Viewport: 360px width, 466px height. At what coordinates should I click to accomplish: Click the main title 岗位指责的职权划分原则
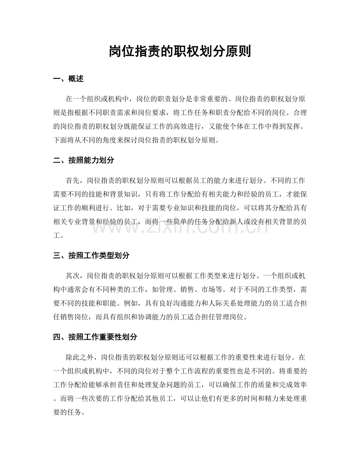click(x=180, y=51)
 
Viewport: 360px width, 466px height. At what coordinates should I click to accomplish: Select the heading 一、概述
click(x=68, y=79)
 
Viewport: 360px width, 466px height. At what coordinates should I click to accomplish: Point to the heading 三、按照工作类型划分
click(x=91, y=255)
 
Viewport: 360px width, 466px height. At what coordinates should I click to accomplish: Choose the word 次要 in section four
click(x=103, y=398)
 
